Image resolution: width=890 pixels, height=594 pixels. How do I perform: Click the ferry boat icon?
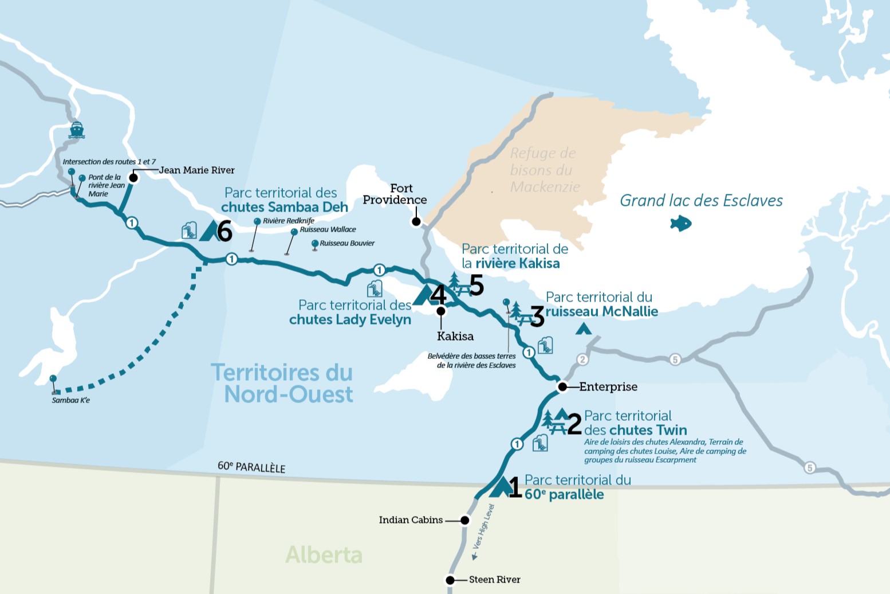(x=77, y=130)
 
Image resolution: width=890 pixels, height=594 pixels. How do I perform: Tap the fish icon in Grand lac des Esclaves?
(x=680, y=223)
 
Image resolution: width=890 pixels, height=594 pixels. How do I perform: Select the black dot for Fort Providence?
(x=416, y=222)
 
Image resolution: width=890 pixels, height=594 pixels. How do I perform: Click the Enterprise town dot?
(x=562, y=387)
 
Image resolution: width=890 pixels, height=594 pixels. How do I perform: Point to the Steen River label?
(x=494, y=580)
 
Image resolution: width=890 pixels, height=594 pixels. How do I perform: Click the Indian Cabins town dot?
(x=465, y=521)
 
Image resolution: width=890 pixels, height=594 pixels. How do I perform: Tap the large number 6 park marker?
(x=225, y=232)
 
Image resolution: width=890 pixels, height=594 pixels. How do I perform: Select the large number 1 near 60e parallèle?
(x=514, y=488)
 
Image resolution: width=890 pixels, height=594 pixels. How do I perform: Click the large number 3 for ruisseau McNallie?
(x=537, y=316)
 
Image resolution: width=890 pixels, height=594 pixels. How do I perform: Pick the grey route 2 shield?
(x=582, y=359)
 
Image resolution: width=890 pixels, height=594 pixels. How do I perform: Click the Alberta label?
(x=324, y=555)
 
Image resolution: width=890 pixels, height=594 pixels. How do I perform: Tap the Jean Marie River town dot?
(x=133, y=178)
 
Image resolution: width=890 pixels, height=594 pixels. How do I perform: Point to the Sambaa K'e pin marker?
(x=53, y=379)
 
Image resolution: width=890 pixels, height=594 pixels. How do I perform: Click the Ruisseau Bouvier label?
(x=347, y=243)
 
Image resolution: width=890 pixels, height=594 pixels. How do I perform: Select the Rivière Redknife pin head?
(x=257, y=221)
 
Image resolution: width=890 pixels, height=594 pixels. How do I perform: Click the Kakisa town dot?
(x=440, y=311)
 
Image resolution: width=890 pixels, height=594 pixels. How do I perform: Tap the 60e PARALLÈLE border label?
(x=251, y=467)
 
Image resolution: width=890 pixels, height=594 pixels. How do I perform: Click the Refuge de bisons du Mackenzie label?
(x=544, y=170)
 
